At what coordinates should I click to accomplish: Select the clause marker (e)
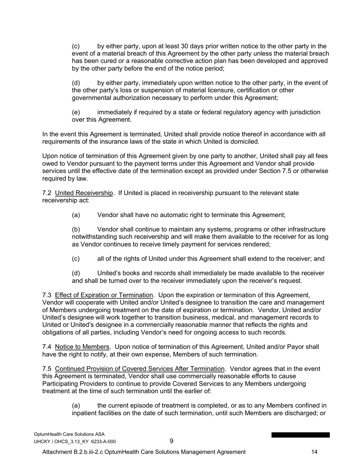(x=76, y=113)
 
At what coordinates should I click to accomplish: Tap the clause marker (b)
(x=76, y=230)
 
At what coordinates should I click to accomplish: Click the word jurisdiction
(x=302, y=113)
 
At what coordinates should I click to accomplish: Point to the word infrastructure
(x=302, y=230)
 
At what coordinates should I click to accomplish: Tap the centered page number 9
(x=172, y=441)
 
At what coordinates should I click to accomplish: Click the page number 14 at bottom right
(x=314, y=452)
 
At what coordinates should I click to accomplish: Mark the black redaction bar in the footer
(x=300, y=435)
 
